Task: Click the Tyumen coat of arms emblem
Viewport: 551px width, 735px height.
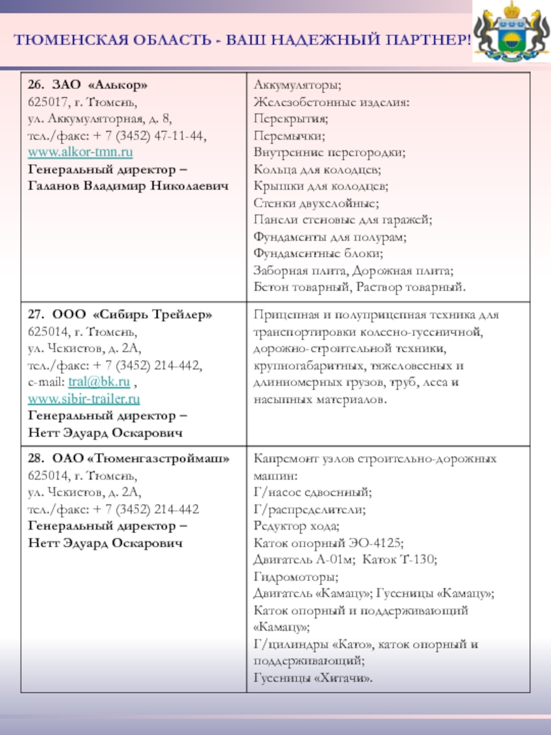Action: pos(510,32)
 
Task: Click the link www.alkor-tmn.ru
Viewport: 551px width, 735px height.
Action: pos(81,152)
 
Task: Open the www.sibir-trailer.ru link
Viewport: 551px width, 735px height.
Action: pos(84,398)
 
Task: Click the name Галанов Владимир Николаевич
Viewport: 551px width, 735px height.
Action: pos(127,186)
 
